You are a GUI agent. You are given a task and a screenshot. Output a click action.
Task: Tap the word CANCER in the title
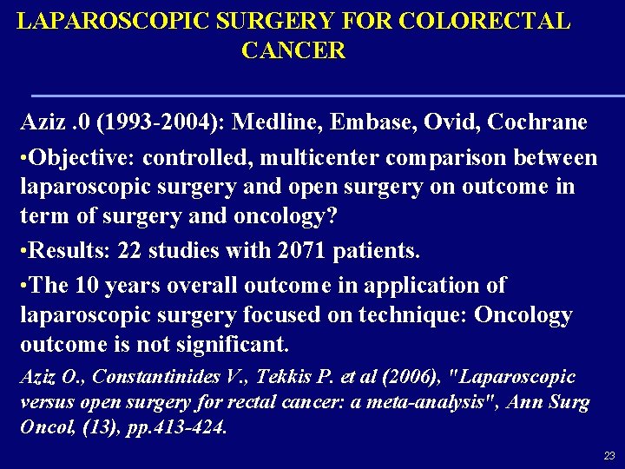coord(293,50)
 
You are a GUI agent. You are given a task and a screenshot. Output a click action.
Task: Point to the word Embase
coord(371,122)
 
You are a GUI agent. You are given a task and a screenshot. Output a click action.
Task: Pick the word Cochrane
coord(537,122)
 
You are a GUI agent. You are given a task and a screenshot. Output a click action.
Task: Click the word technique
coord(412,315)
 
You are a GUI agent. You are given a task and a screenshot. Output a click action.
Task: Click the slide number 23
coord(609,455)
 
